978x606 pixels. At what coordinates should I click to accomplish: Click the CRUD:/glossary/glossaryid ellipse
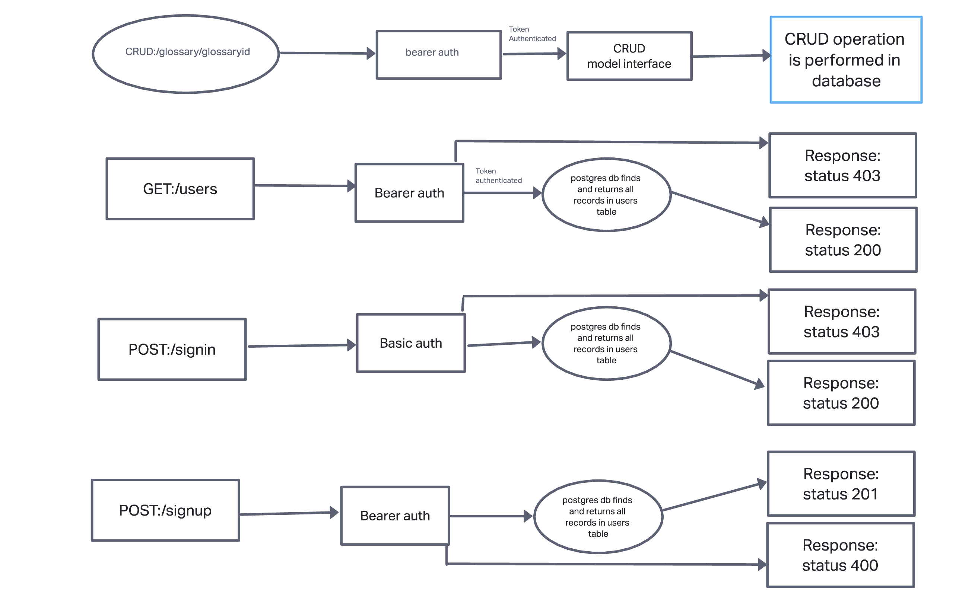click(185, 54)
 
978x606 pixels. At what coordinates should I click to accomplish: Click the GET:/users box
click(180, 189)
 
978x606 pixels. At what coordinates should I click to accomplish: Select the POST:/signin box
click(172, 349)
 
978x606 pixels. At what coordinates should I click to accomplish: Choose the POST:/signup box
click(165, 510)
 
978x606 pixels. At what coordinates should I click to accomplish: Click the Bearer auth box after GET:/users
click(409, 193)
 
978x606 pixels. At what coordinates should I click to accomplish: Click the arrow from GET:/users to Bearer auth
click(303, 186)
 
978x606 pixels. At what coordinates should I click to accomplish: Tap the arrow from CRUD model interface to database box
click(728, 56)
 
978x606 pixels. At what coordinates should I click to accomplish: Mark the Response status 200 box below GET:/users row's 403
click(842, 240)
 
